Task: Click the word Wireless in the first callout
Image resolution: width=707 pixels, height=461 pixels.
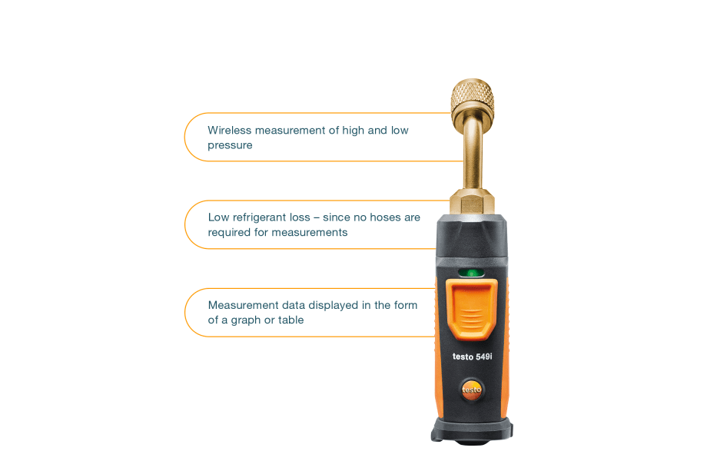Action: (230, 131)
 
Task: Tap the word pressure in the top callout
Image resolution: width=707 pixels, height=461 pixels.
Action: (230, 145)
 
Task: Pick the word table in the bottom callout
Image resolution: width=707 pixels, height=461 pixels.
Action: (290, 320)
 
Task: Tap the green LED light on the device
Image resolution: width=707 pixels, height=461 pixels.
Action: (471, 273)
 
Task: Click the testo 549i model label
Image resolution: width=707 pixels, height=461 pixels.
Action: (472, 357)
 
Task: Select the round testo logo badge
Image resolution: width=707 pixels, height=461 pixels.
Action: (472, 390)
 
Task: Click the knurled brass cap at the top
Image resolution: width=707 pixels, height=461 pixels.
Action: (473, 97)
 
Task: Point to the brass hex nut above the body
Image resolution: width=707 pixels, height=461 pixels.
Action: (472, 202)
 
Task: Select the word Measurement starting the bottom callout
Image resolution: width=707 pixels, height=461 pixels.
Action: (244, 306)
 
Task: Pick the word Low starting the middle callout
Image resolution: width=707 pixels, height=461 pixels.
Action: (219, 217)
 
